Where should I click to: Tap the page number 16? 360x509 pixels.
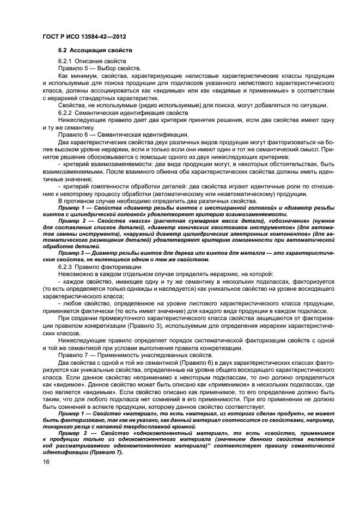pyautogui.click(x=46, y=461)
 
